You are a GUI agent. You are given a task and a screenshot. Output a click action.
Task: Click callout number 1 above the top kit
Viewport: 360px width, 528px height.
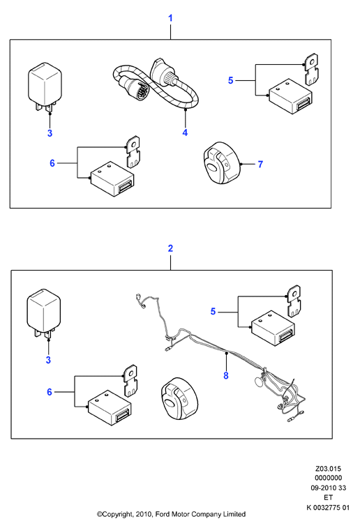[x=170, y=18]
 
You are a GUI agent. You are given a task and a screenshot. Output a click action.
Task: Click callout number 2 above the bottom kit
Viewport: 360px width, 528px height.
[x=170, y=248]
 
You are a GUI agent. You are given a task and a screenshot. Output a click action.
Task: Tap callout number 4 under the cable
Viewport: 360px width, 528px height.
[x=185, y=133]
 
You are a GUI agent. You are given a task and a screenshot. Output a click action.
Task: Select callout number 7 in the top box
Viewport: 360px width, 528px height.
[x=260, y=164]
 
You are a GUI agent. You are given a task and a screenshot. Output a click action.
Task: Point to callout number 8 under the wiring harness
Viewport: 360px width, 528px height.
[x=226, y=375]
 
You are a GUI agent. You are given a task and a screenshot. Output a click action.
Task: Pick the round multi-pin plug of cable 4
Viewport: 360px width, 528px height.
[x=137, y=89]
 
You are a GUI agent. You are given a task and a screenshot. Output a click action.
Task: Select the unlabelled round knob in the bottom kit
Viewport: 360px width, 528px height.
[x=179, y=398]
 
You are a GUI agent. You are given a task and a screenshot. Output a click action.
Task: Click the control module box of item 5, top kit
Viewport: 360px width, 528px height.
[x=290, y=97]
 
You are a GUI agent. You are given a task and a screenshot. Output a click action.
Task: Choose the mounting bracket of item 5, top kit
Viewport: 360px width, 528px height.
[x=311, y=69]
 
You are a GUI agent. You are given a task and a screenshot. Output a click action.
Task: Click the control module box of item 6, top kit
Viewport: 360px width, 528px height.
[x=112, y=179]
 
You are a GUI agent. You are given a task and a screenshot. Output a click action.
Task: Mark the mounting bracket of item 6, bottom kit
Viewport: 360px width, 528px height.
[x=130, y=381]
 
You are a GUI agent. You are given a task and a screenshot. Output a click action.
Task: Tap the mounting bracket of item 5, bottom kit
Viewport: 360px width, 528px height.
[x=294, y=301]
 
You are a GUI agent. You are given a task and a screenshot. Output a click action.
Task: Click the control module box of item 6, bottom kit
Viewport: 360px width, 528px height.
[x=110, y=408]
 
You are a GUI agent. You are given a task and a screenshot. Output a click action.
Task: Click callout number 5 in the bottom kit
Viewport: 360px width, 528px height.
[x=213, y=311]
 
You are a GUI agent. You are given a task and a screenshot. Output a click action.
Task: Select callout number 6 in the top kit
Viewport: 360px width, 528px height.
[x=52, y=163]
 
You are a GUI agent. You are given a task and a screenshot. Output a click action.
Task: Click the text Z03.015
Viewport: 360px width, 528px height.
[x=328, y=469]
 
